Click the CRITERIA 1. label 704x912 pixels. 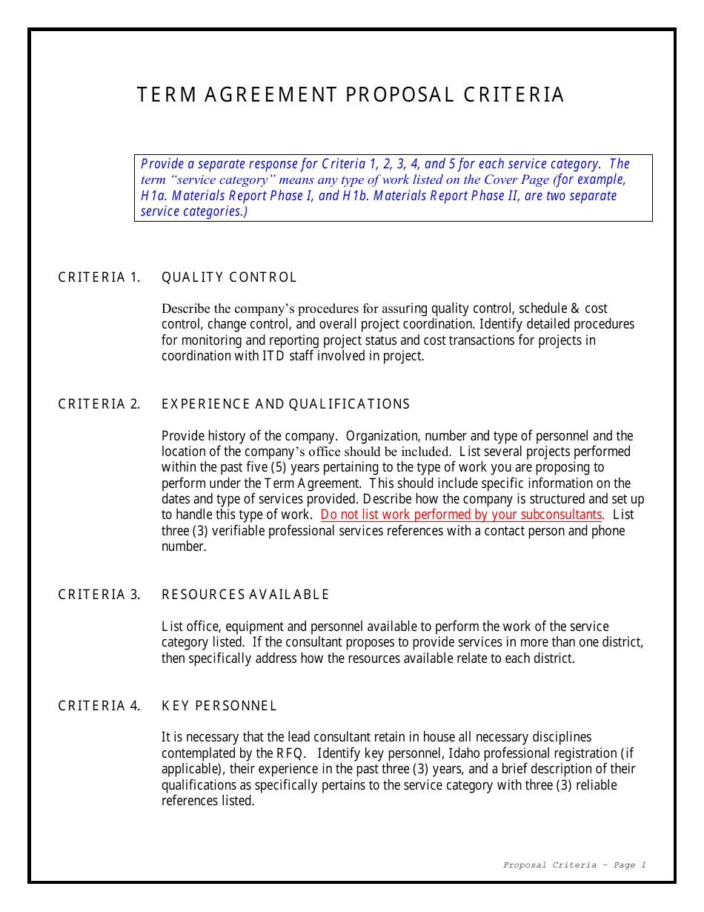pos(99,278)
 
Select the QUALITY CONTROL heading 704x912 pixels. pos(229,278)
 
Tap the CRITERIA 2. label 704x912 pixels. pos(99,405)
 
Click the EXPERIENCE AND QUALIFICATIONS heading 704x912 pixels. pos(285,405)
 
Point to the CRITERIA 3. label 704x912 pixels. pos(99,595)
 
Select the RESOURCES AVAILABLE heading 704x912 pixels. pos(245,595)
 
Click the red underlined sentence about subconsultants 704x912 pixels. pos(462,515)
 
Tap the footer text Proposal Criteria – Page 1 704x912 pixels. pos(574,865)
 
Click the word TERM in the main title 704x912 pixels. pos(167,96)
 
